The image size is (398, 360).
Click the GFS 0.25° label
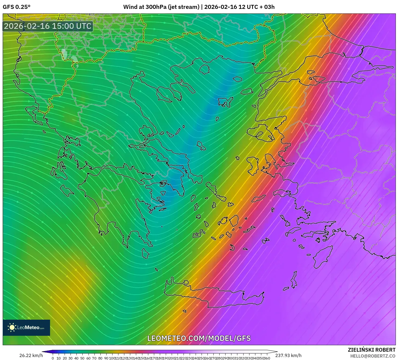(x=16, y=7)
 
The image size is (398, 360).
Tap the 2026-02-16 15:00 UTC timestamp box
(x=48, y=26)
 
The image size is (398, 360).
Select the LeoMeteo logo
(x=26, y=327)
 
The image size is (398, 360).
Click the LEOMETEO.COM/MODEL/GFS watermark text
(x=199, y=338)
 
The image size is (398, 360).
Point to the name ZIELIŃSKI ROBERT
(x=371, y=350)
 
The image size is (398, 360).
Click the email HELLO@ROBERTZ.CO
(x=373, y=356)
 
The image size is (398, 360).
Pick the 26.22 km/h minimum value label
(x=31, y=355)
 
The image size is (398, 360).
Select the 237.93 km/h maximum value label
(x=288, y=355)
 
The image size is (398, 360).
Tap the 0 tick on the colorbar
(x=53, y=358)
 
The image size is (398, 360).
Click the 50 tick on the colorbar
(x=82, y=358)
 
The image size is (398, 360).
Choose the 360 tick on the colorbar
(x=267, y=358)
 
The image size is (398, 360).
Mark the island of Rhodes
(x=322, y=257)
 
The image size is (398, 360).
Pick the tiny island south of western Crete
(x=185, y=311)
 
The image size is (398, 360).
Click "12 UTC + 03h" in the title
(x=257, y=7)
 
